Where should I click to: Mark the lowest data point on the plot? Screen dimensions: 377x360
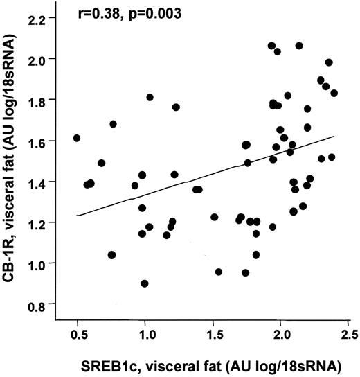(x=144, y=283)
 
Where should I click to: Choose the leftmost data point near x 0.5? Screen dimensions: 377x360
(x=76, y=138)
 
